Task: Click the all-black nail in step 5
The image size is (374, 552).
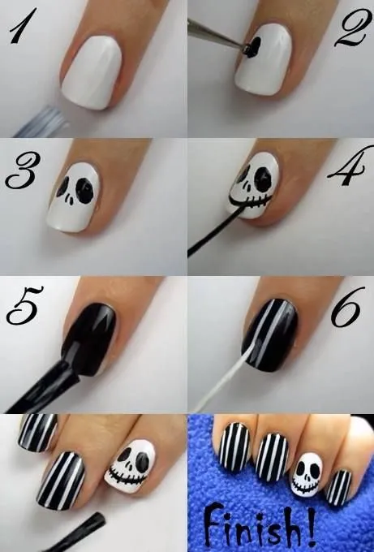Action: (x=91, y=336)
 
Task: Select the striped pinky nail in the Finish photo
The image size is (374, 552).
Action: (x=341, y=487)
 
